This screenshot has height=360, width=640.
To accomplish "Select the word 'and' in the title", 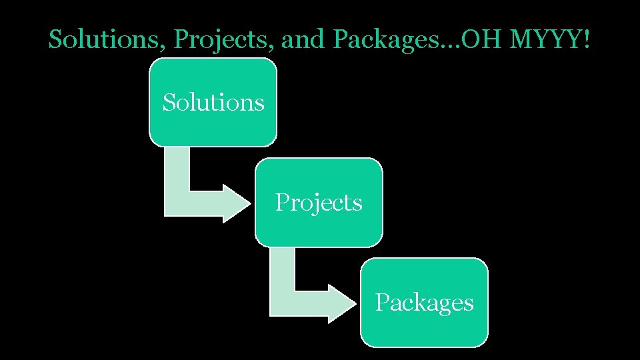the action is point(303,40).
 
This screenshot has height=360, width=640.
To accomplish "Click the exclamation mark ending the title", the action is point(586,40).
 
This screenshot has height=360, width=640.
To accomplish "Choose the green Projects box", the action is point(319,227).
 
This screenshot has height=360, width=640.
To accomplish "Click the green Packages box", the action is point(424,327).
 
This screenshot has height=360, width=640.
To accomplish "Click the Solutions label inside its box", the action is point(213,103).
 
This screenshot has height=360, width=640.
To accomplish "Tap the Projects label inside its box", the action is point(319,202).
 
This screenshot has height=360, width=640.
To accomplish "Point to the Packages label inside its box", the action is point(424,303).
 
